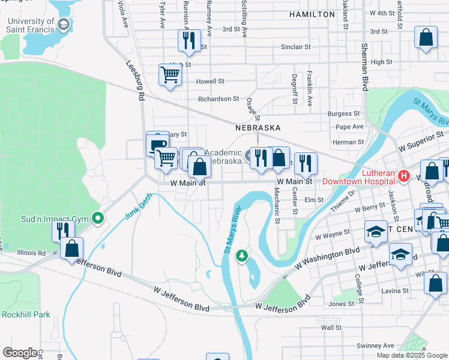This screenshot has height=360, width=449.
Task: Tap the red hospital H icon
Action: click(404, 176)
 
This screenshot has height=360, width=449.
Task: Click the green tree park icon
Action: click(242, 256)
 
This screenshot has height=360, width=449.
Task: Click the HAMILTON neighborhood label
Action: click(312, 14)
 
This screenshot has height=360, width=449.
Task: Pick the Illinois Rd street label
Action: click(31, 253)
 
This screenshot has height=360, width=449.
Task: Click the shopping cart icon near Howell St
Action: click(170, 75)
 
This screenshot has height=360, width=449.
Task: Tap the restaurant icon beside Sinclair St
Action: click(189, 41)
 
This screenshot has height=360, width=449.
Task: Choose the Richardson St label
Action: click(219, 99)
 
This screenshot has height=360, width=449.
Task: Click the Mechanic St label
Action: click(277, 205)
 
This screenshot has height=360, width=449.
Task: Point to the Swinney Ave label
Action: click(375, 346)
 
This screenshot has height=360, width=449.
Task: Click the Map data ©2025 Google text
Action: click(411, 355)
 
